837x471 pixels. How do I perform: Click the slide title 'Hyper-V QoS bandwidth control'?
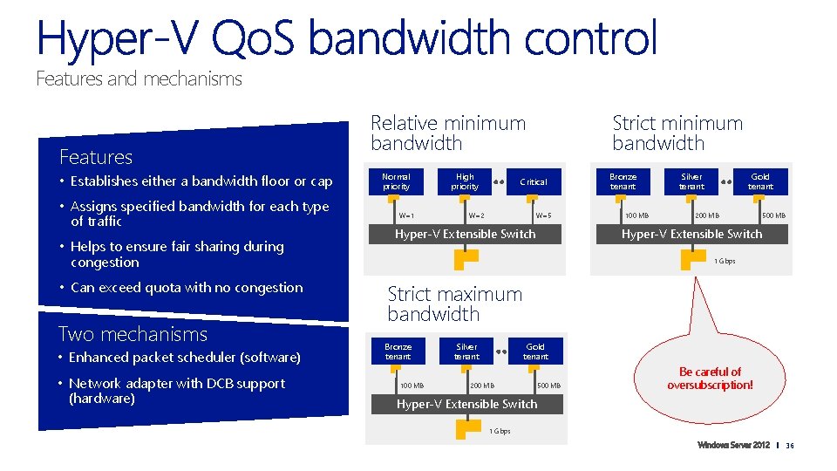(x=346, y=40)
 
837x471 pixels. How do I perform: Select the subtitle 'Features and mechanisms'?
(x=139, y=79)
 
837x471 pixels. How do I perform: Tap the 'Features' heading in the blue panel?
(x=96, y=157)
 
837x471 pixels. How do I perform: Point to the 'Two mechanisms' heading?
(x=133, y=334)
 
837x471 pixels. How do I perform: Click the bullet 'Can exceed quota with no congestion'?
(x=186, y=288)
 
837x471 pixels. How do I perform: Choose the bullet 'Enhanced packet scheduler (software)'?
(x=185, y=358)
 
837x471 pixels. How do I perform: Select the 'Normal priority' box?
(x=396, y=181)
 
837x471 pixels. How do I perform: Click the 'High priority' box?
(x=465, y=181)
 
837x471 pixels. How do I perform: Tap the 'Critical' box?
(x=534, y=181)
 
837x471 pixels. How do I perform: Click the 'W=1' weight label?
(x=406, y=215)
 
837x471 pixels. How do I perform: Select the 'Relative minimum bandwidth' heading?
(x=448, y=133)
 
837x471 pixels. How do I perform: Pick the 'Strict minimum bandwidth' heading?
(x=677, y=133)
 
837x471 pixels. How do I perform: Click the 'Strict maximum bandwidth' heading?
(x=454, y=304)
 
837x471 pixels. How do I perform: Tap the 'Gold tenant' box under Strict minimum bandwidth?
(x=760, y=181)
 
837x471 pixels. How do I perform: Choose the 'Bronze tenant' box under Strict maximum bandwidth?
(x=398, y=351)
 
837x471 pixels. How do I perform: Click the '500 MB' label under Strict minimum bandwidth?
(x=773, y=215)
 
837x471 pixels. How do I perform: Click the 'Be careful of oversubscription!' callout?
(x=710, y=379)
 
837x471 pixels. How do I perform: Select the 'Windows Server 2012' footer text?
(x=733, y=447)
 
